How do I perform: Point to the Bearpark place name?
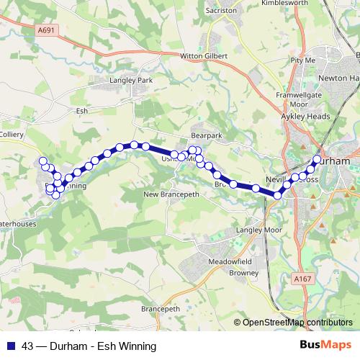207,135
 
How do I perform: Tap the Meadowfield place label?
228,261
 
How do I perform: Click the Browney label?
244,274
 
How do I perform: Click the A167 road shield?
302,276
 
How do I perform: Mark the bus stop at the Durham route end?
317,159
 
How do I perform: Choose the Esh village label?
81,112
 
